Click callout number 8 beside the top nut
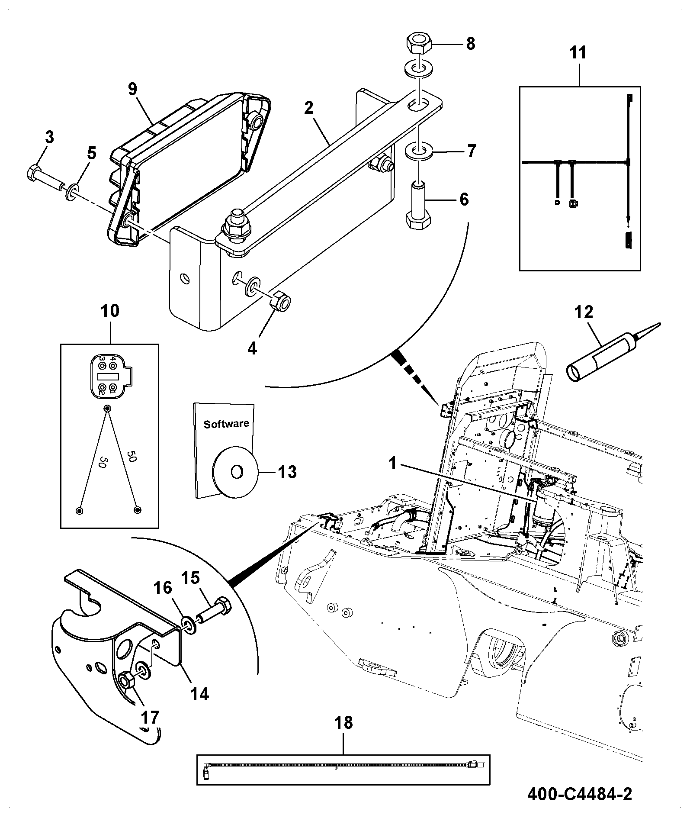[470, 43]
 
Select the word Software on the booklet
[226, 424]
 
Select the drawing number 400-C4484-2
[579, 794]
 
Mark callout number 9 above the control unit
[132, 89]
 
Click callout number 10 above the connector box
[110, 311]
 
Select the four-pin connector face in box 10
[110, 375]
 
